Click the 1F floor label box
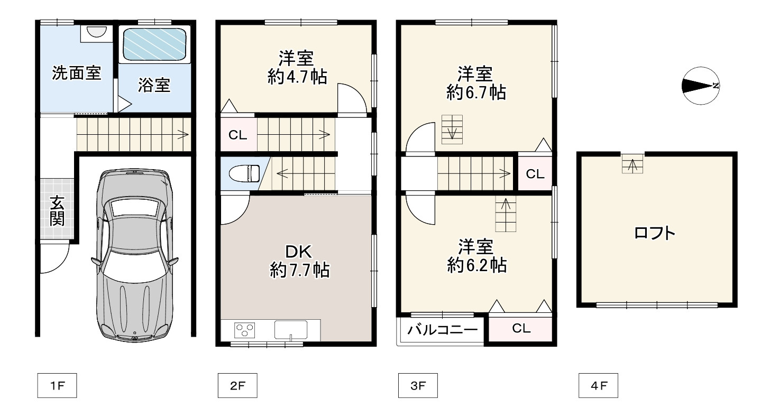(57, 386)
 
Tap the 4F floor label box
(598, 386)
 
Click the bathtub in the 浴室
(154, 45)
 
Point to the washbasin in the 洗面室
(96, 32)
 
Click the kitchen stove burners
(244, 330)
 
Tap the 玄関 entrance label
(57, 210)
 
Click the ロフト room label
(655, 233)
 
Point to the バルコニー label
(443, 331)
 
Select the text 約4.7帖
(297, 77)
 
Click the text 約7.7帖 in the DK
(300, 271)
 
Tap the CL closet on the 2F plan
(237, 135)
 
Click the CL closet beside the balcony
(521, 328)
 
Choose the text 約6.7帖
(476, 93)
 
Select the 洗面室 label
(76, 73)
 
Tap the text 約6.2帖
(476, 265)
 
